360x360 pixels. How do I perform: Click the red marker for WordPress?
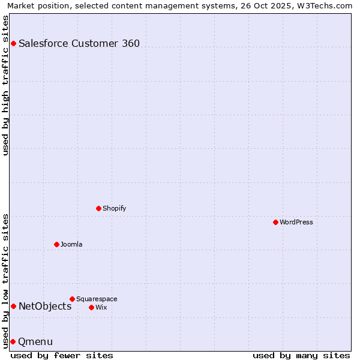click(275, 222)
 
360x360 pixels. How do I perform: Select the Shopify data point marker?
click(98, 208)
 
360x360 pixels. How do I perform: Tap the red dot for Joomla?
click(56, 244)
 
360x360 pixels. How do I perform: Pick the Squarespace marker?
click(72, 299)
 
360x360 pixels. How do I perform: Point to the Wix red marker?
click(91, 307)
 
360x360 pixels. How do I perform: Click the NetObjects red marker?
click(13, 306)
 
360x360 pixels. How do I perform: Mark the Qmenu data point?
click(13, 341)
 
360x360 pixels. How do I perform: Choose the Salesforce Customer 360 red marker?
click(13, 43)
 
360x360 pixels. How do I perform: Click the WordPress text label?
click(296, 222)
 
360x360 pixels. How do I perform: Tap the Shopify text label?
click(114, 208)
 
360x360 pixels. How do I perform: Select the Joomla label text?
click(71, 244)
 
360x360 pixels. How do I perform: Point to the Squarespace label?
click(97, 299)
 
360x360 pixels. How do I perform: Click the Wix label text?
click(101, 307)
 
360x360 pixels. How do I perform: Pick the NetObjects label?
click(45, 306)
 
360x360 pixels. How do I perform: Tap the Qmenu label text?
click(35, 341)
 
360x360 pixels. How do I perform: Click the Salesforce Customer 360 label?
click(79, 43)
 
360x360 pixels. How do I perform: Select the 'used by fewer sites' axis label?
click(62, 355)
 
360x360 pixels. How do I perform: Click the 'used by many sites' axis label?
click(301, 355)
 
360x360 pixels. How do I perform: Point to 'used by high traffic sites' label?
click(5, 85)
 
